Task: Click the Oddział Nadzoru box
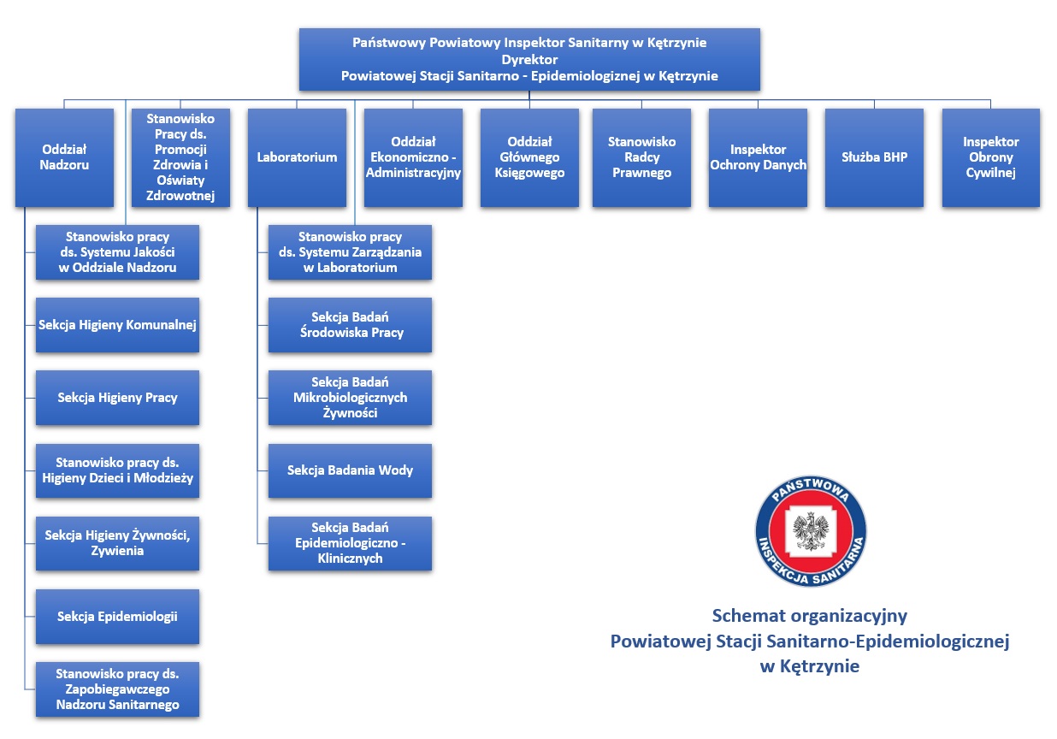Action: (64, 157)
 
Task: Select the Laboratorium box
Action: (297, 157)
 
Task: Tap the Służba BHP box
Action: (874, 157)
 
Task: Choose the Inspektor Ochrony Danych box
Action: (758, 157)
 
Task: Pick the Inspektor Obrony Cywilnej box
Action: (990, 157)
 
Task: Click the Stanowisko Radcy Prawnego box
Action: (641, 157)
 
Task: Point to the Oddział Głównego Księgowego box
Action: (529, 157)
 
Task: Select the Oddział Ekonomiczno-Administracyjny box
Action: (413, 157)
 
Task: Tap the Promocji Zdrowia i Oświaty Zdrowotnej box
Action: (180, 157)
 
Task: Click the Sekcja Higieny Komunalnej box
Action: (117, 325)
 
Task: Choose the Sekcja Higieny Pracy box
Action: (117, 398)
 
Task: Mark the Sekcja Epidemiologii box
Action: (117, 616)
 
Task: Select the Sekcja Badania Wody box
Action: (350, 470)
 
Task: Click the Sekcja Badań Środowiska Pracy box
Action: (350, 325)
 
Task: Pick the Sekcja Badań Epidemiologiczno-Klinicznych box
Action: (350, 543)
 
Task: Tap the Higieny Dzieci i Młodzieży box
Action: (117, 470)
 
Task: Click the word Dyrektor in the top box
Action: (529, 60)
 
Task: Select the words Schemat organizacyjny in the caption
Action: (809, 616)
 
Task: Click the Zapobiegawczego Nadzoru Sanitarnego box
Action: (117, 689)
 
